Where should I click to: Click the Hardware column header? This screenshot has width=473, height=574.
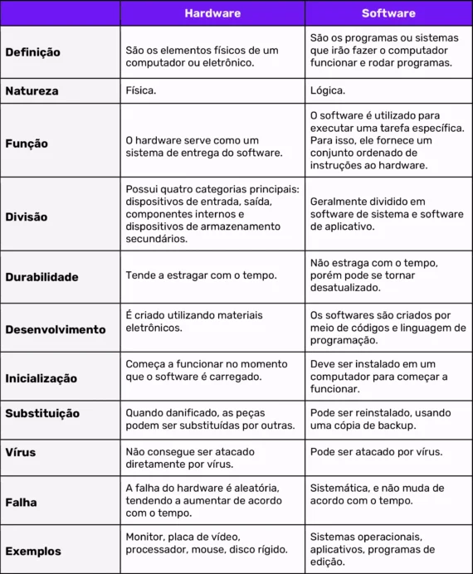pos(212,13)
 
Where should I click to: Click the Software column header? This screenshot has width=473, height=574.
pos(388,13)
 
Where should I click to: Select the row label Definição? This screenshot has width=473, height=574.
pos(32,51)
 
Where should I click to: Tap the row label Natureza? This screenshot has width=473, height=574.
pos(32,91)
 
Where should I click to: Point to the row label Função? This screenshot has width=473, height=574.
pos(27,143)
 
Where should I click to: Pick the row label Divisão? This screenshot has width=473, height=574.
pos(27,216)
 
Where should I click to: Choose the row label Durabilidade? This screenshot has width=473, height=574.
pos(41,276)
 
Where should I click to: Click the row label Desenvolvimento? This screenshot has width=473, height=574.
pos(56,329)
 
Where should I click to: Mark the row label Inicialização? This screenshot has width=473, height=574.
pos(41,378)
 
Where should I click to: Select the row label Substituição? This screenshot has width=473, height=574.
pos(42,414)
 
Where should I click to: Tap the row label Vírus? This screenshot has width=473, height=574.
pos(21,453)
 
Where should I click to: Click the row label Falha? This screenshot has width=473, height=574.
pos(21,502)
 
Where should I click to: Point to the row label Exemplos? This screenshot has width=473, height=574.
pos(32,551)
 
